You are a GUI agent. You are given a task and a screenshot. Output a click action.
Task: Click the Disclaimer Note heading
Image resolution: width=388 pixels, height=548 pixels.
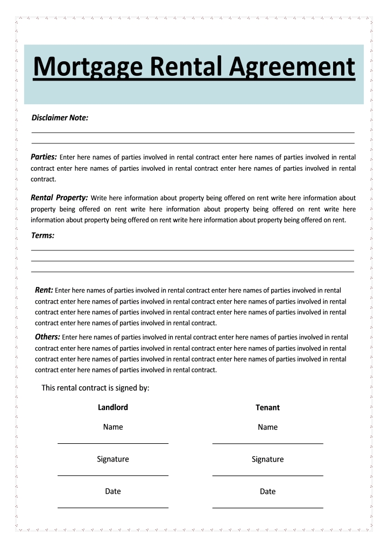[60, 118]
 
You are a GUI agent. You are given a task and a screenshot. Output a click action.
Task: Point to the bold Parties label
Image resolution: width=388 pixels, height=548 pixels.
[44, 157]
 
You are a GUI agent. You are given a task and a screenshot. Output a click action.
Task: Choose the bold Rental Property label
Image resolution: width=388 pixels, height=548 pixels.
[59, 198]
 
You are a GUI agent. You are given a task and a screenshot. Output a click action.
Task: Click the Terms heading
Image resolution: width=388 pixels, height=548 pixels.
[43, 235]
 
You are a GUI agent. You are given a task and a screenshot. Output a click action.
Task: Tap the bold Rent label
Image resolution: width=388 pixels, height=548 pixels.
[44, 290]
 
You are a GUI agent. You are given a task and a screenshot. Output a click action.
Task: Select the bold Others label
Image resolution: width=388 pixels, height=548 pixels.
[47, 337]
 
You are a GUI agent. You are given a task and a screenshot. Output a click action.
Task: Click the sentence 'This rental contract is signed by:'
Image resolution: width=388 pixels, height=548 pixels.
[95, 388]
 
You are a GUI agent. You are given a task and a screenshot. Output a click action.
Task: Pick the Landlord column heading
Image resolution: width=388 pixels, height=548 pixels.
[113, 407]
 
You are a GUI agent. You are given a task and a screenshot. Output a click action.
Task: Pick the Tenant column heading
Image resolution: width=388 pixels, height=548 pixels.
[267, 408]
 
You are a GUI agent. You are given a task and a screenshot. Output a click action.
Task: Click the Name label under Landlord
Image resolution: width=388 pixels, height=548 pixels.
[113, 427]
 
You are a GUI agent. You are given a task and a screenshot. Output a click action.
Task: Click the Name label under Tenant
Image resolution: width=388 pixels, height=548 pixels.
[267, 427]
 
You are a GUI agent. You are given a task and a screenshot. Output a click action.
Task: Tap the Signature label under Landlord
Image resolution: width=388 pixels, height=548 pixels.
[113, 459]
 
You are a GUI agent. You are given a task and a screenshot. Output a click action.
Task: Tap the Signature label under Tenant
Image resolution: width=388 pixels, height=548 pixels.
[267, 459]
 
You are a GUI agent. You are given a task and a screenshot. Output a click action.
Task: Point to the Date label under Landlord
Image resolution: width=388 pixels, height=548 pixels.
[113, 491]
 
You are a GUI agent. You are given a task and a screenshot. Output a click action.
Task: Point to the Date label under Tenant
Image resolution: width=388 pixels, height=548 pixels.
[267, 492]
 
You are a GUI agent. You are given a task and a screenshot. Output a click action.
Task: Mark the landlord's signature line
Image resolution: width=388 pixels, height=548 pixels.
[113, 475]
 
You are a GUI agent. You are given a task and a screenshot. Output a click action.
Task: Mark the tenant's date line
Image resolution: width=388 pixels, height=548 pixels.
[267, 508]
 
